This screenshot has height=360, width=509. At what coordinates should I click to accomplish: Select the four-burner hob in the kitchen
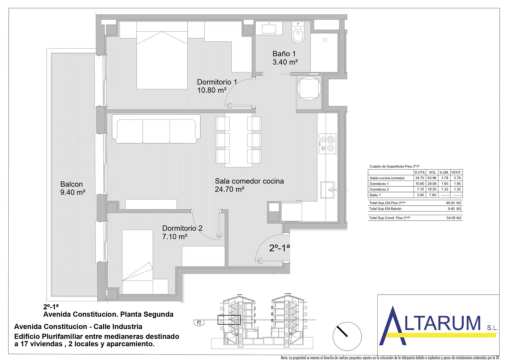point(327,144)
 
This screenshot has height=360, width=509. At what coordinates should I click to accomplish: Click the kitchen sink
point(327,190)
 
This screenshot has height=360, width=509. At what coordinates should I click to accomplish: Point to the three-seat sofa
point(156,129)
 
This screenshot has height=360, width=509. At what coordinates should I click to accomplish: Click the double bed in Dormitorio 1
point(162,55)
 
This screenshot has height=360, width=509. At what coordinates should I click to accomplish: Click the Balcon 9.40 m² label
point(73,188)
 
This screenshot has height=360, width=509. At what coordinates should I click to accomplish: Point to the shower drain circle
point(325,40)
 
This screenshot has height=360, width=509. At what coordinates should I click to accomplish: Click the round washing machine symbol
point(309,88)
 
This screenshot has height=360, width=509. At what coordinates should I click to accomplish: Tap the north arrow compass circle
point(347,336)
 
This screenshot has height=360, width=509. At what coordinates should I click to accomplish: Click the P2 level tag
point(199,323)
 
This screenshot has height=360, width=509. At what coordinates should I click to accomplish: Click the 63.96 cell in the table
point(432,178)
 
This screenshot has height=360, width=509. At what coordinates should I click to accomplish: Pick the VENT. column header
point(456,172)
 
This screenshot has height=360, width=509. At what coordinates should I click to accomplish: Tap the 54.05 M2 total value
point(454,218)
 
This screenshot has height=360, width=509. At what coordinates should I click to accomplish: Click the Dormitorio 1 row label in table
point(379,184)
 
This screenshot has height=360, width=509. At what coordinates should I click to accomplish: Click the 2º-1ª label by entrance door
point(279,248)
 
